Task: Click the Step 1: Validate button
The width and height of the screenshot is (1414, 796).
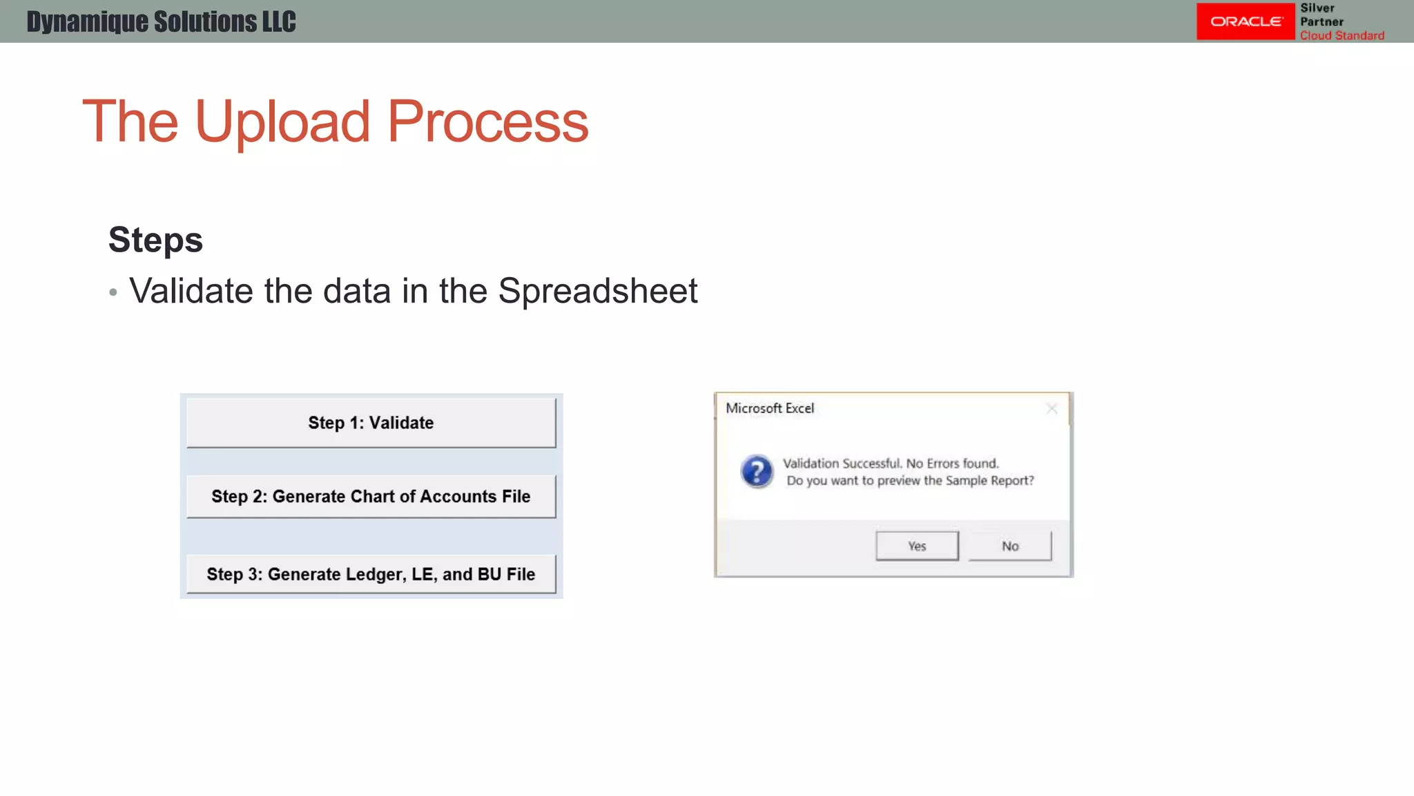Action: pyautogui.click(x=371, y=423)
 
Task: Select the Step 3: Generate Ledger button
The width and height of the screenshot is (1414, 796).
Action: pyautogui.click(x=371, y=574)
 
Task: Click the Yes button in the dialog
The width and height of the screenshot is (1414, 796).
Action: pyautogui.click(x=917, y=546)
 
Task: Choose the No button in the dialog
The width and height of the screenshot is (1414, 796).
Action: pyautogui.click(x=1010, y=546)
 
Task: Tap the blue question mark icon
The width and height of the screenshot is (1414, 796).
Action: pyautogui.click(x=757, y=472)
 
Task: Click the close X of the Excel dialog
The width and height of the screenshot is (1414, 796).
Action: pyautogui.click(x=1052, y=409)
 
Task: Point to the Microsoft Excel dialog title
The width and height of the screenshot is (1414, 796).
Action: pyautogui.click(x=770, y=408)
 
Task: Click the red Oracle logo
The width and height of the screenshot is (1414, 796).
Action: pyautogui.click(x=1246, y=21)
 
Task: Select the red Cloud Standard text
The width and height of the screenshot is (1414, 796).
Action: pyautogui.click(x=1342, y=35)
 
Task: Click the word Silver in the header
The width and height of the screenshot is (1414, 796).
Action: pyautogui.click(x=1317, y=8)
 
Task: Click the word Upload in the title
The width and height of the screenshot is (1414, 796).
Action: pyautogui.click(x=282, y=122)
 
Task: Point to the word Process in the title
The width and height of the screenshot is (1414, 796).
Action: pyautogui.click(x=487, y=122)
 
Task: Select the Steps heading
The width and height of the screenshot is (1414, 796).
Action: pyautogui.click(x=155, y=240)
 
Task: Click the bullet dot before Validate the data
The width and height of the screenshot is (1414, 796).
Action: pyautogui.click(x=113, y=293)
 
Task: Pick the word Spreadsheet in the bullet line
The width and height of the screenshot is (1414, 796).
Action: pyautogui.click(x=597, y=291)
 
